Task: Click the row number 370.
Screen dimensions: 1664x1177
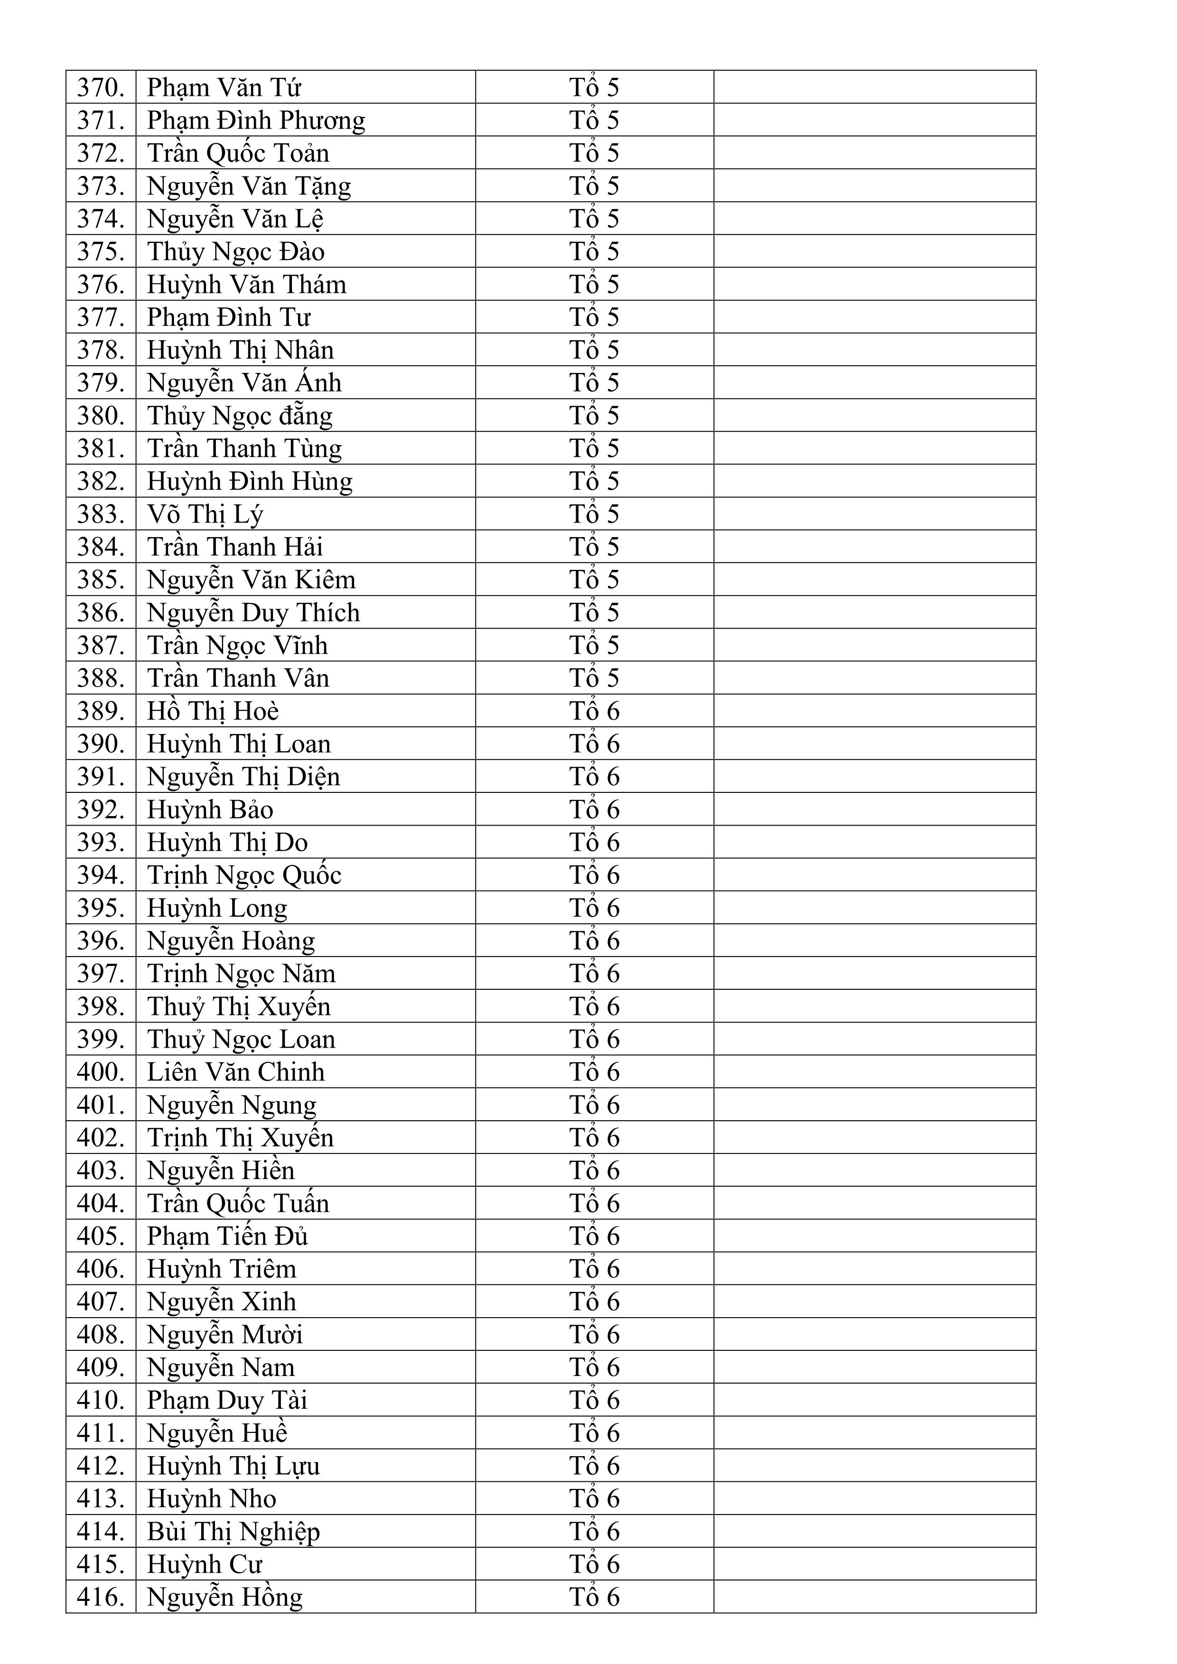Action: coord(101,88)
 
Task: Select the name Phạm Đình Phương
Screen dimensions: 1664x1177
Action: coord(256,121)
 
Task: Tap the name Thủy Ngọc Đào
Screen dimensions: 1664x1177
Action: coord(235,251)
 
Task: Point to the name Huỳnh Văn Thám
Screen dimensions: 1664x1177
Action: coord(246,285)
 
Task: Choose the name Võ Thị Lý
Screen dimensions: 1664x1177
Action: coord(205,514)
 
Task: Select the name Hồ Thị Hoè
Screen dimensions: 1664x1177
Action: coord(213,711)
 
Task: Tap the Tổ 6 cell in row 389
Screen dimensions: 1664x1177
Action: coord(594,711)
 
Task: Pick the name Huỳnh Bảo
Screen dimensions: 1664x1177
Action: coord(210,809)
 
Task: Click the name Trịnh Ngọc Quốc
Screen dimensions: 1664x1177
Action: coord(244,875)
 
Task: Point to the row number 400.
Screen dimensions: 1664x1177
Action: coord(101,1072)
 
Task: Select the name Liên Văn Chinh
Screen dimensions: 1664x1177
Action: coord(235,1072)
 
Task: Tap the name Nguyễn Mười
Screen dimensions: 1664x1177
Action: coord(224,1334)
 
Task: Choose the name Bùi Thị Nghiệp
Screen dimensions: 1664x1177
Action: coord(234,1531)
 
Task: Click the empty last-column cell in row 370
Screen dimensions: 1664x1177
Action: coord(874,88)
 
